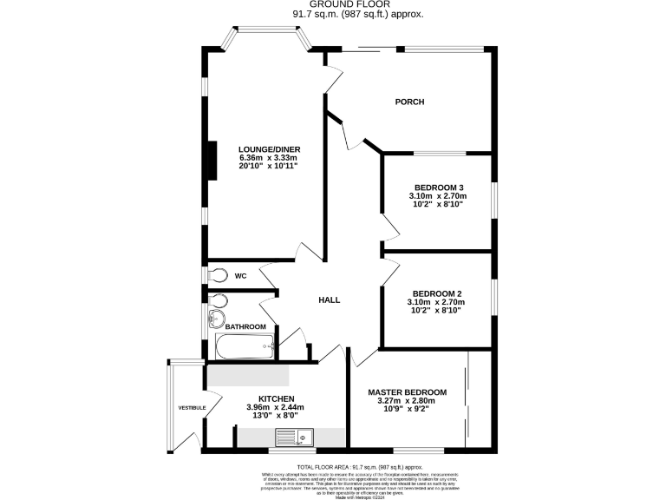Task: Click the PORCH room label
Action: (x=409, y=102)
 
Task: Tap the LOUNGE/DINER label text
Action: (x=270, y=149)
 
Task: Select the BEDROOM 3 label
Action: (x=438, y=187)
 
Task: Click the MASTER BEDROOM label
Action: (x=407, y=392)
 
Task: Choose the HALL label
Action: (x=329, y=300)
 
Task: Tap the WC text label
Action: (x=240, y=276)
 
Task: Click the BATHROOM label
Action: (x=246, y=326)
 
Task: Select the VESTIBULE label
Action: (x=192, y=407)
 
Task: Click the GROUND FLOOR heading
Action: (x=334, y=5)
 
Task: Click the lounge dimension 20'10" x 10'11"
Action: (x=270, y=166)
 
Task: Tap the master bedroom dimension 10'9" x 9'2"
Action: (x=407, y=409)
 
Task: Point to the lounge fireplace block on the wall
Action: (x=209, y=158)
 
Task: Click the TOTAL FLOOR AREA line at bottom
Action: (x=334, y=466)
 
